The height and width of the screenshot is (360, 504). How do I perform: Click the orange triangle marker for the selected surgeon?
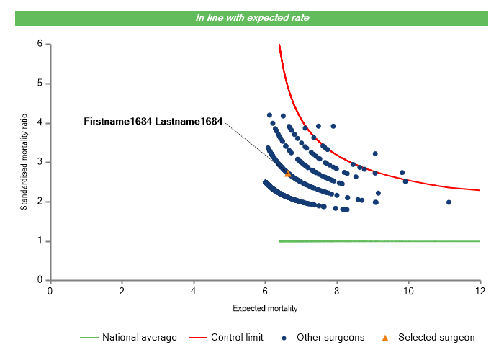(x=288, y=174)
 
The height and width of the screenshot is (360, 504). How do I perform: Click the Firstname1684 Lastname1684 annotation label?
(x=153, y=121)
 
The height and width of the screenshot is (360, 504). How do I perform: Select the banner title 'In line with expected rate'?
(x=253, y=17)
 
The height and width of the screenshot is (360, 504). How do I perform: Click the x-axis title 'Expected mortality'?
(x=265, y=308)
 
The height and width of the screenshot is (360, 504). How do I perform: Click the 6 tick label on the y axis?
(x=39, y=44)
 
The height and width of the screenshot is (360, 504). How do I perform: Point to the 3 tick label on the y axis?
(x=39, y=162)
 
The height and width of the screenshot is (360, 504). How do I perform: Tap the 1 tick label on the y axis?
(x=39, y=241)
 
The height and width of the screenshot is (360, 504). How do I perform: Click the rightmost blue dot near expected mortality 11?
(x=449, y=202)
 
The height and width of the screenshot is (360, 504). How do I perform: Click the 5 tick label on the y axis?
(x=39, y=84)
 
